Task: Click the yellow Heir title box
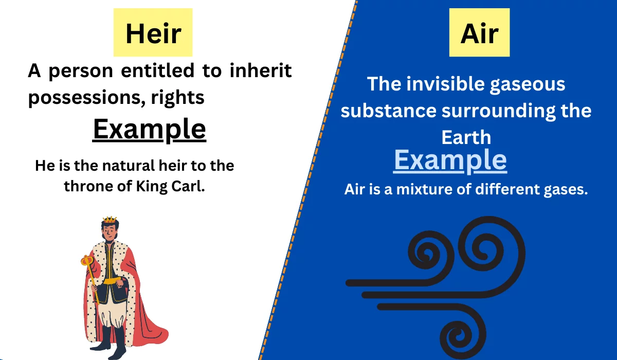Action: [153, 32]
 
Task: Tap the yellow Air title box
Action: [479, 32]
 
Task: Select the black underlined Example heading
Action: [149, 130]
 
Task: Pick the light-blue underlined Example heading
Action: [450, 160]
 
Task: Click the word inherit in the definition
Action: [261, 70]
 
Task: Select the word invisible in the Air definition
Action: [445, 83]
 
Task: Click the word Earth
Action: [466, 137]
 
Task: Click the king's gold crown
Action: [110, 220]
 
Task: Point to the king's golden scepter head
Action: [87, 261]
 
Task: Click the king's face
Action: [110, 233]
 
